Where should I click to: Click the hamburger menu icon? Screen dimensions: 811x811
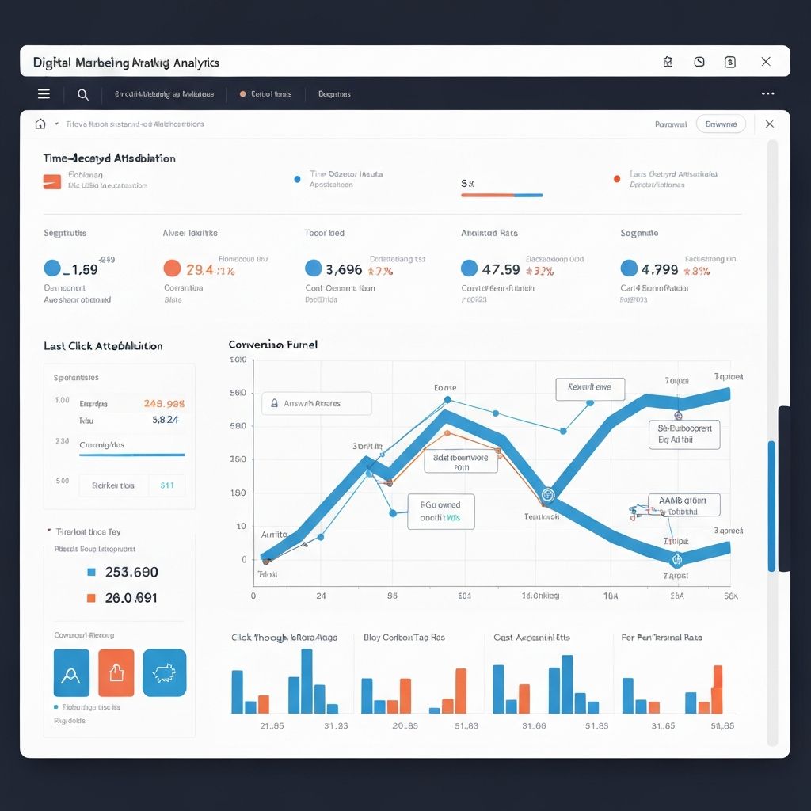[44, 94]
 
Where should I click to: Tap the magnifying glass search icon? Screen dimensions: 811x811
[82, 94]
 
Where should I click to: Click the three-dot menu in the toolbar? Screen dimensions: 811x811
[767, 93]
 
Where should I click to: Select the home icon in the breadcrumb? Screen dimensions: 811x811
[40, 124]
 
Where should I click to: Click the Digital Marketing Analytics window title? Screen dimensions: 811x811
[126, 62]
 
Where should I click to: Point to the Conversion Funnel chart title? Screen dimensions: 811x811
[272, 345]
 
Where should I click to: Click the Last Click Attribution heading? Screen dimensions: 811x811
[103, 346]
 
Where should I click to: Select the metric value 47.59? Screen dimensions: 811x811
[501, 269]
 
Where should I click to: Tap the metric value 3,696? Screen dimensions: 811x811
[344, 269]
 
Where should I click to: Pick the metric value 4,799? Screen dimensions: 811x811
[659, 269]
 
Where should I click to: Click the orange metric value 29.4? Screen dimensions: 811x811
[199, 269]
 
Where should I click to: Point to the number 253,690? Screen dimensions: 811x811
[131, 572]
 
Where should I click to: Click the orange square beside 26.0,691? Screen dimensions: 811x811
[91, 598]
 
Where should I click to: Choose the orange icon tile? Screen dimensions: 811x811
[116, 673]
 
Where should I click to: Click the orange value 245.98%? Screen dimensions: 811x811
[164, 403]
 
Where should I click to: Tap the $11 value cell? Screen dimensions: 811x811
[167, 485]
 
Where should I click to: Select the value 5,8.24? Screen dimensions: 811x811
[165, 421]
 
